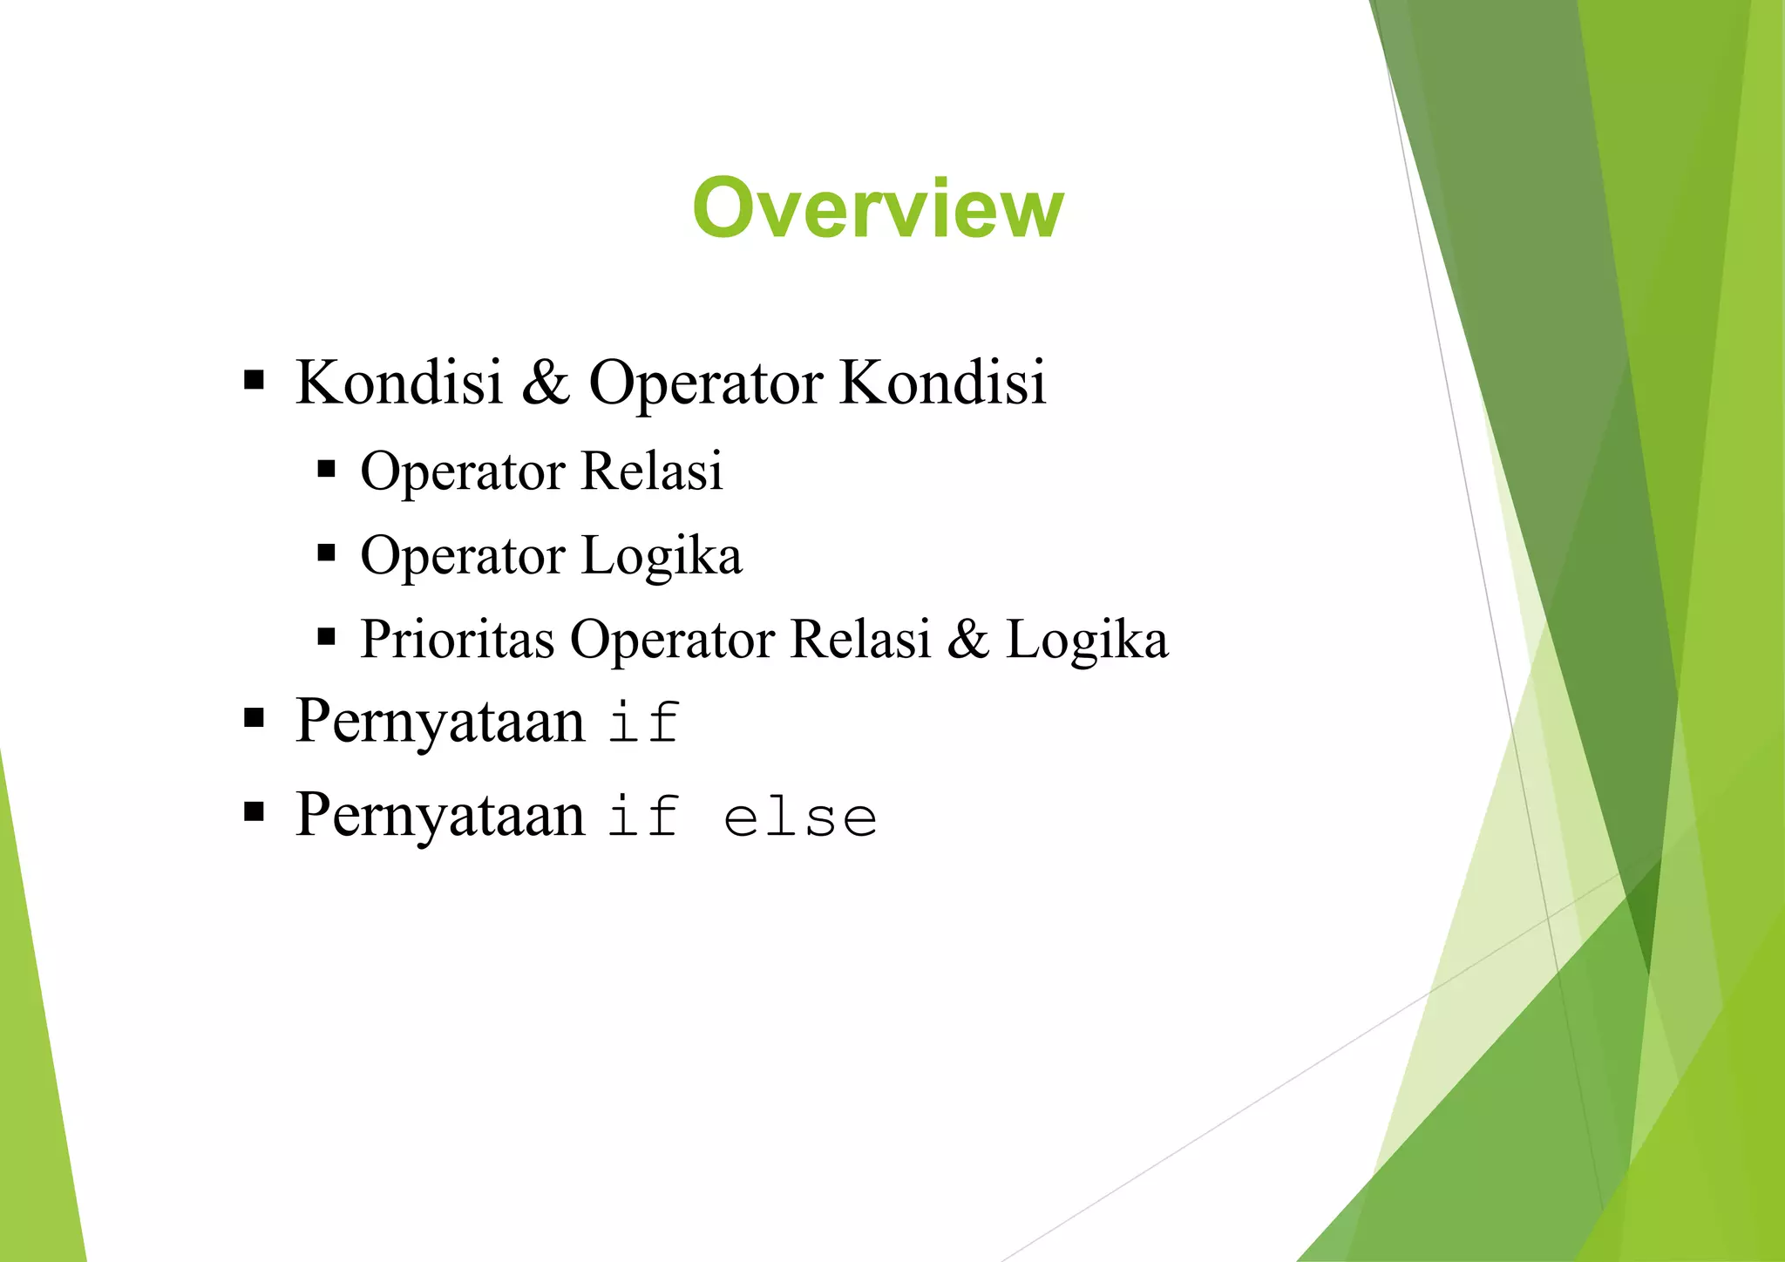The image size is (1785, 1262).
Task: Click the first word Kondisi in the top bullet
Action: [x=399, y=382]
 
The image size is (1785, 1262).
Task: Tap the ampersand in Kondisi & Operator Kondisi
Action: [x=546, y=382]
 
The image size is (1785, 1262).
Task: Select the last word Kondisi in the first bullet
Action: [x=942, y=382]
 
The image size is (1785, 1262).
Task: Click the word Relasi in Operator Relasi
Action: [x=651, y=471]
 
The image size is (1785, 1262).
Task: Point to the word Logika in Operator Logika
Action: [x=662, y=556]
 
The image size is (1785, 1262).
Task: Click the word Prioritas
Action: [x=457, y=639]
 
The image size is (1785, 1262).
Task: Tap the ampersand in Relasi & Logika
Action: [x=968, y=639]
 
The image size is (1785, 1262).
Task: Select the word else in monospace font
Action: [x=800, y=818]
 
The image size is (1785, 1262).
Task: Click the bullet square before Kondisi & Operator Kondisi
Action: [x=254, y=380]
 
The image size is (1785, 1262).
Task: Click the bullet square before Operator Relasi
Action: [x=327, y=470]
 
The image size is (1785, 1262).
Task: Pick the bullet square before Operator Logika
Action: [x=327, y=553]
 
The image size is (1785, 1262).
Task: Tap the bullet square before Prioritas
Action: [x=327, y=637]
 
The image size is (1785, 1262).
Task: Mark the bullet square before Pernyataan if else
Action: [x=254, y=813]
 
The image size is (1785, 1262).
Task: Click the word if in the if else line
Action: [x=643, y=818]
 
